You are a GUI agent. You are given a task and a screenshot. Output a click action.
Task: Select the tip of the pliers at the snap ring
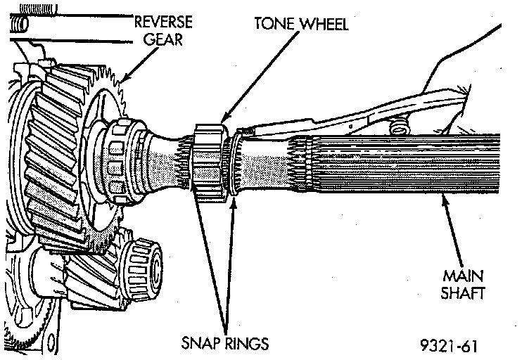243,131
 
